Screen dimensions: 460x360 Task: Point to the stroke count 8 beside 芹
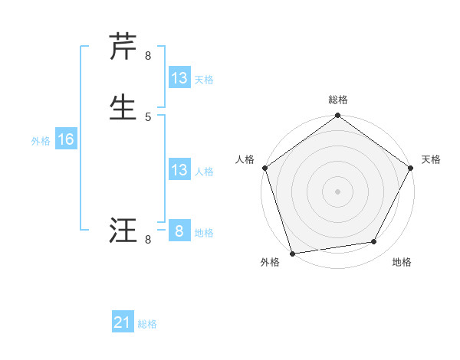[x=148, y=56]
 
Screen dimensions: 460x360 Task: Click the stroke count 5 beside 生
[x=148, y=116]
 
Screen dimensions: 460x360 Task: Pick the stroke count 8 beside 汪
[x=148, y=240]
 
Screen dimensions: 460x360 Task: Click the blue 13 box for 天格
[x=179, y=78]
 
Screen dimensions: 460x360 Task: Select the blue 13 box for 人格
[x=179, y=170]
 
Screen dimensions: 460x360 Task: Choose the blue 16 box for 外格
[x=66, y=139]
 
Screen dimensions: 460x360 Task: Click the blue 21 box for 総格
[x=123, y=323]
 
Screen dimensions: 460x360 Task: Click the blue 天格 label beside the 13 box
[x=204, y=80]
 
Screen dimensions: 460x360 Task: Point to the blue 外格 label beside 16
[x=41, y=141]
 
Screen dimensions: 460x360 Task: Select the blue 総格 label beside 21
[x=147, y=325]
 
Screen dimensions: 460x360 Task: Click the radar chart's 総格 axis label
[x=338, y=100]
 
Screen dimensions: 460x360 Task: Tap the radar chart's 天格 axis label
[x=432, y=159]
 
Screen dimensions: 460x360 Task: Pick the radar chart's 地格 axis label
[x=402, y=263]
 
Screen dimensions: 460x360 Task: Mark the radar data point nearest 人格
[x=264, y=168]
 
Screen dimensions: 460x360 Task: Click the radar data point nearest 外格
[x=292, y=253]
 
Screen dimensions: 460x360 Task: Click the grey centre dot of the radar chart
[x=338, y=191]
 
